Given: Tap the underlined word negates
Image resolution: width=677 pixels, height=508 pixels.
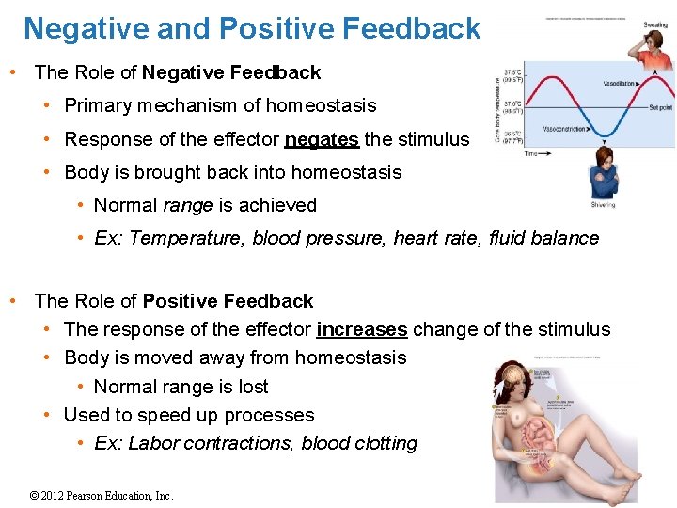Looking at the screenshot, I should (x=322, y=140).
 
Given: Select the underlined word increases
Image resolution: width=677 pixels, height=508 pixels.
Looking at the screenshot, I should (x=362, y=329).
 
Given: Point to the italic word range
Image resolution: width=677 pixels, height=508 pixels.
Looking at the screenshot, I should (x=188, y=205).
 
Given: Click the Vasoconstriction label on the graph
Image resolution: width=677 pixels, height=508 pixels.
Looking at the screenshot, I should (x=570, y=129).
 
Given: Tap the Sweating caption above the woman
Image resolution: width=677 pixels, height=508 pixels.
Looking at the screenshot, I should (x=655, y=24).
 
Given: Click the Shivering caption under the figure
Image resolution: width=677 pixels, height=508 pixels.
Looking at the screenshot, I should (x=603, y=204).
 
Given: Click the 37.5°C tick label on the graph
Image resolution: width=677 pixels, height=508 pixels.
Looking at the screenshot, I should (x=513, y=76).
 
